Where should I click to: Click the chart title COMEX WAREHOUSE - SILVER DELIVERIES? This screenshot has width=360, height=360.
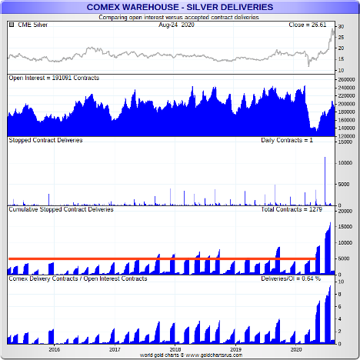[x=180, y=7]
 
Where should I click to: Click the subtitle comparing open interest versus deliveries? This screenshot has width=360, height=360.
[x=178, y=18]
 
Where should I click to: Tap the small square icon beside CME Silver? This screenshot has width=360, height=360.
[x=12, y=25]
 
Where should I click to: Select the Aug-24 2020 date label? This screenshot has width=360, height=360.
[x=176, y=25]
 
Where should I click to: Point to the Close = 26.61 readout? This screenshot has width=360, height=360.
[x=308, y=25]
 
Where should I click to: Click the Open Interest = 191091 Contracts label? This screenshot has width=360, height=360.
[x=54, y=78]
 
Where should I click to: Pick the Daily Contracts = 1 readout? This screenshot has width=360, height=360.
[x=287, y=140]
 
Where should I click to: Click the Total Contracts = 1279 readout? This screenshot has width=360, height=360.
[x=292, y=209]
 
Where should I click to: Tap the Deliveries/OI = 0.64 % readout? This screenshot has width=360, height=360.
[x=291, y=278]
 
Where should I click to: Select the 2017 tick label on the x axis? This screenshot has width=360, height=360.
[x=115, y=349]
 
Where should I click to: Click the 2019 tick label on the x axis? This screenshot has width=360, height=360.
[x=235, y=349]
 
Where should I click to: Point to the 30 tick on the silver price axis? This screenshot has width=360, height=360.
[x=341, y=27]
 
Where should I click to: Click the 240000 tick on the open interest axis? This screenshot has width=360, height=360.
[x=346, y=88]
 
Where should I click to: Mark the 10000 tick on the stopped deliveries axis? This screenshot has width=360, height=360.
[x=345, y=163]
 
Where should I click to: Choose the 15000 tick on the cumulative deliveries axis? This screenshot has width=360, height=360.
[x=345, y=227]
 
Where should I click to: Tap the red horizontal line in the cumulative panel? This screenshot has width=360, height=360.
[x=162, y=258]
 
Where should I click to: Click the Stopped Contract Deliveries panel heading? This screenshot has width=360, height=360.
[x=45, y=140]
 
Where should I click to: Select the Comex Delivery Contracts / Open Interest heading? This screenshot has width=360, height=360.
[x=78, y=278]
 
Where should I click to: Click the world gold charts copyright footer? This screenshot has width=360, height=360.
[x=191, y=355]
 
